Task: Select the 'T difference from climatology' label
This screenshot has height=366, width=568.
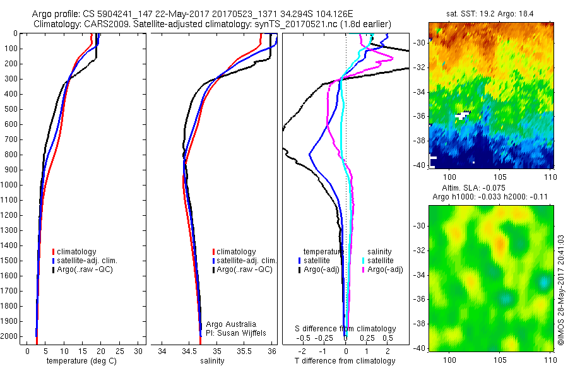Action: point(345,361)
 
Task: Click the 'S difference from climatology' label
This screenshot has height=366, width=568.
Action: point(345,329)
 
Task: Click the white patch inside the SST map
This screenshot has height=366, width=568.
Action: point(462,115)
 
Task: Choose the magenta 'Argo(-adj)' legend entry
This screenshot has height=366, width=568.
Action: point(385,269)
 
